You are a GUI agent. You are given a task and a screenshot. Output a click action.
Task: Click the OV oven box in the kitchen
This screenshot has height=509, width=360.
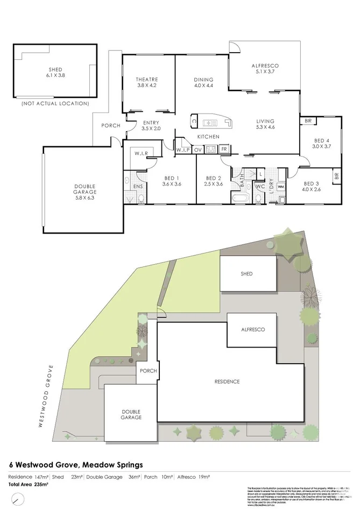click(x=197, y=150)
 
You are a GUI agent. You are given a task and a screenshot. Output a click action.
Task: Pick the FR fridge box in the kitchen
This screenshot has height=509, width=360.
click(x=223, y=149)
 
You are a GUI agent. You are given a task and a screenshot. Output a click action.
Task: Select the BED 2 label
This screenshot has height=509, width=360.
click(x=214, y=179)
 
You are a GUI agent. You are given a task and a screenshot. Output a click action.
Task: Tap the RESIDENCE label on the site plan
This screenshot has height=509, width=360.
click(x=227, y=381)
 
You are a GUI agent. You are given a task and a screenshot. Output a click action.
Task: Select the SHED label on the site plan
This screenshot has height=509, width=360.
click(x=246, y=274)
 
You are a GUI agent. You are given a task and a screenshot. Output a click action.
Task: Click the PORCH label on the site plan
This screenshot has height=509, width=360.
click(x=147, y=371)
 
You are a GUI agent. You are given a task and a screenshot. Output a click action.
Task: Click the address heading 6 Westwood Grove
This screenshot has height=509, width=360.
click(x=75, y=464)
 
